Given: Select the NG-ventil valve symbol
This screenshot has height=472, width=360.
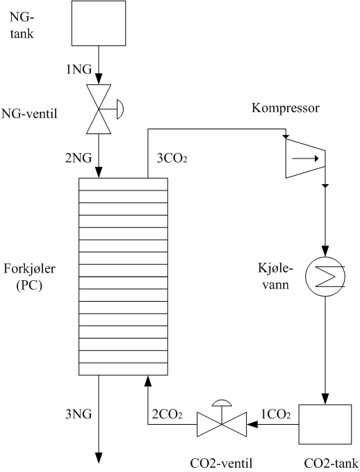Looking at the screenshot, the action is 99,108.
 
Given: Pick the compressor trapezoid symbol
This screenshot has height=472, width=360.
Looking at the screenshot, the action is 305,158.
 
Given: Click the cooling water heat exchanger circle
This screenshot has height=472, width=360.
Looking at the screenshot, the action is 325,277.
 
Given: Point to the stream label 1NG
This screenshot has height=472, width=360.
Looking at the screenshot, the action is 79,70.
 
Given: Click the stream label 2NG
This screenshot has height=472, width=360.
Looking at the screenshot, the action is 79,158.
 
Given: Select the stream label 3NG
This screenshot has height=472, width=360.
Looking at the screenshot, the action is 79,414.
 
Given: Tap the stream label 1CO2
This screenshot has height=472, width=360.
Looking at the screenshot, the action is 276,415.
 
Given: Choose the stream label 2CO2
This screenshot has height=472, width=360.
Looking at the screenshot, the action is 167,414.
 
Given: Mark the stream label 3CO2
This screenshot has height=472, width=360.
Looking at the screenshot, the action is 172,158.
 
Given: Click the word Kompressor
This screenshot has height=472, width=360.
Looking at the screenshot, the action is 286,108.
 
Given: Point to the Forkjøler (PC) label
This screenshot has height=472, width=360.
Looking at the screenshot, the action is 29,277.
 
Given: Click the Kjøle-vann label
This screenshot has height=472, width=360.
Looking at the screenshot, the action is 275,276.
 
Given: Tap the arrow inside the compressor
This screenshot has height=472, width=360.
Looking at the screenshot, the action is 305,158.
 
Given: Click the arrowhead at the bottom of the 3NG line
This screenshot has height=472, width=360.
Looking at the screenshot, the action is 99,457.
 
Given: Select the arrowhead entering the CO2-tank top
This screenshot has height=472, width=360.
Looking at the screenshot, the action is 325,399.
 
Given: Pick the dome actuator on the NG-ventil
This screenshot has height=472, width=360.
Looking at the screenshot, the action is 120,108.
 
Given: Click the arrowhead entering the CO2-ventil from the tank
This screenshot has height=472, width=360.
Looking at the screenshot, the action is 252,424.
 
